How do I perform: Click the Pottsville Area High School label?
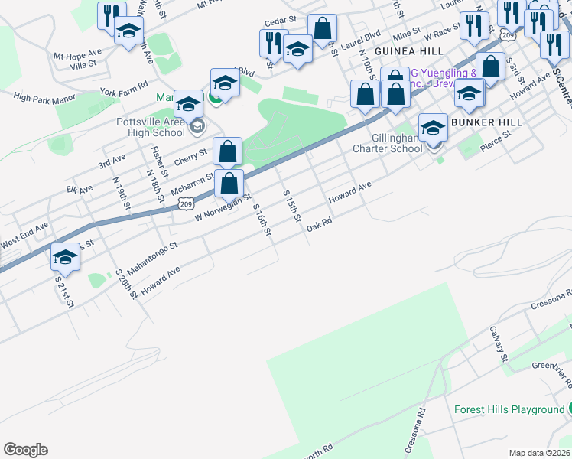151,126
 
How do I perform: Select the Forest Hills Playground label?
509,409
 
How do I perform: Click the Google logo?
25,450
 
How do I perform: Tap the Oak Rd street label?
319,226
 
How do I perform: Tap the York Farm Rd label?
123,88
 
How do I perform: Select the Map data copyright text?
539,453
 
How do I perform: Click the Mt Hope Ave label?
76,55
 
